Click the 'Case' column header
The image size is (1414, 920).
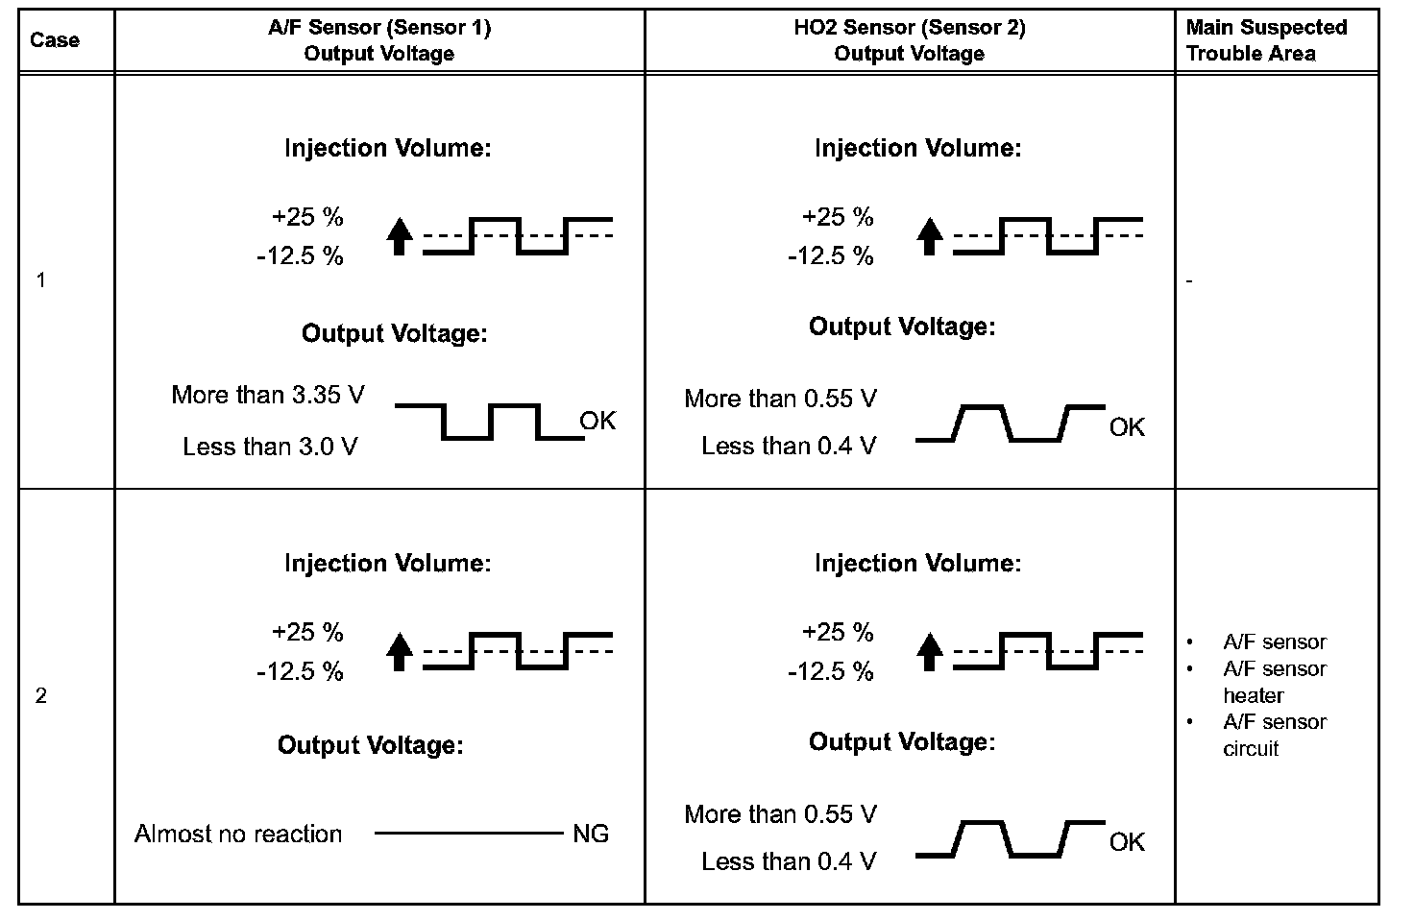[55, 40]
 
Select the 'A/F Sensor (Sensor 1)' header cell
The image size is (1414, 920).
[378, 40]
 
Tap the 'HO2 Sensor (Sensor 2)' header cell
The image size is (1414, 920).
[909, 40]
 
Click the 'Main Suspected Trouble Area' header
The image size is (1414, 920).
[1266, 40]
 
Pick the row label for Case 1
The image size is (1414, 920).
[40, 281]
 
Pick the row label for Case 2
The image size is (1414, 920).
[40, 696]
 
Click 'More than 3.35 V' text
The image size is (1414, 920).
[268, 395]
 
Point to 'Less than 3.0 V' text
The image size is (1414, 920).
[270, 447]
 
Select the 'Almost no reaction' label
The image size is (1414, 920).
[238, 834]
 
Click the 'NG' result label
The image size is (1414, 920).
[591, 834]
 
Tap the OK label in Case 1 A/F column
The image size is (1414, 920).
[597, 421]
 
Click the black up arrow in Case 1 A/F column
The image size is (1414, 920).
[401, 236]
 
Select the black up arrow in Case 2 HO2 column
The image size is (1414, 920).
[929, 651]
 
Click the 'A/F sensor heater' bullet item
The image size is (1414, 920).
[1274, 682]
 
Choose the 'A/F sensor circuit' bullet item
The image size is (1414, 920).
[1274, 735]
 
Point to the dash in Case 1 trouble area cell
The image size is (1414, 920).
[1190, 281]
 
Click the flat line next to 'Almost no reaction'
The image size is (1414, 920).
[466, 834]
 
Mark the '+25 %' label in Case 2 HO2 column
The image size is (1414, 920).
[838, 632]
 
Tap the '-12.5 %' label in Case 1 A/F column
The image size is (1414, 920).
[300, 256]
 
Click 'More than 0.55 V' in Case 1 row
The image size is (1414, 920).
[780, 399]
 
